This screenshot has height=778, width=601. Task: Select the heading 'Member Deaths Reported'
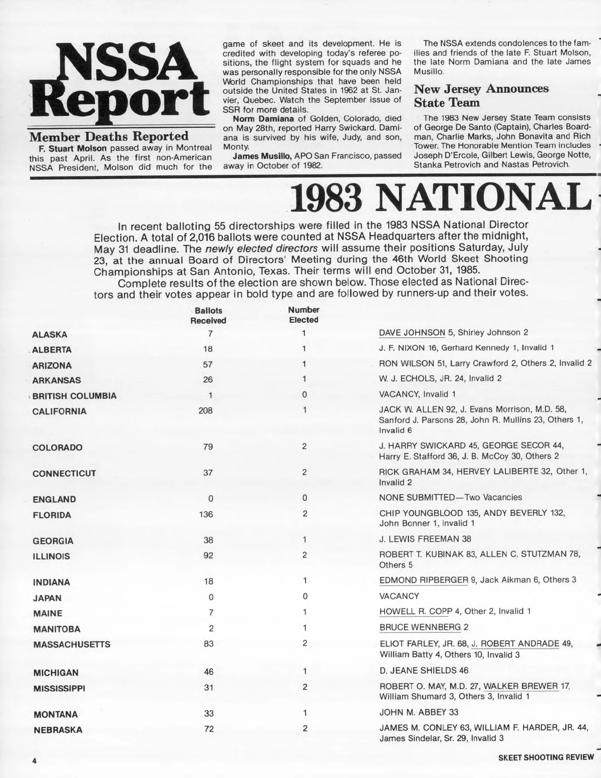tap(109, 136)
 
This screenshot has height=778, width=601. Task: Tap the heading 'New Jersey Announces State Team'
tap(481, 96)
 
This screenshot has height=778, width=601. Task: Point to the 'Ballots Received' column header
tap(208, 315)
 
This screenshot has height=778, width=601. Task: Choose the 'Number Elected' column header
tap(304, 315)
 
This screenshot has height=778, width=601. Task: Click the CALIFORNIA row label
tap(59, 412)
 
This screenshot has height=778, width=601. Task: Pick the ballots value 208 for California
tap(205, 411)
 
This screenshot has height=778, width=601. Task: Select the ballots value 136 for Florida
tap(206, 514)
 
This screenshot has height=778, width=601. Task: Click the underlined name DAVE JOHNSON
tap(412, 332)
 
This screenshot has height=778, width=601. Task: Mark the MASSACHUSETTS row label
tap(72, 645)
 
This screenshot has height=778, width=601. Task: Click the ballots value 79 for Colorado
tap(208, 447)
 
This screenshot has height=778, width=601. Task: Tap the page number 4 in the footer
tap(35, 760)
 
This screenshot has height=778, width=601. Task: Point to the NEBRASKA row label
tap(58, 730)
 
